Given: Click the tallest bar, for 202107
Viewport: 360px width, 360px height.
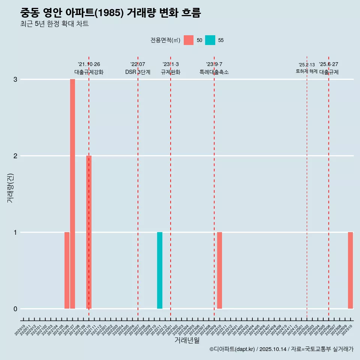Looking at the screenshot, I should pos(72,194).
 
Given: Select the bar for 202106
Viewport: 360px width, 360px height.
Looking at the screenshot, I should pos(67,270).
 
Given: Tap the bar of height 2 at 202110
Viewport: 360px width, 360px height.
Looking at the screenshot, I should pos(89,232).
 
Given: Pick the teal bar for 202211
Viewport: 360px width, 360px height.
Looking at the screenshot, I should pos(160,270).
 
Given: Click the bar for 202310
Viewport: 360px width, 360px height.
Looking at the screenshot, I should pos(220,270).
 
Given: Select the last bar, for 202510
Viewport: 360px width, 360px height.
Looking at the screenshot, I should pos(350,270).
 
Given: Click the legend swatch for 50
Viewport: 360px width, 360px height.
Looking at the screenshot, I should pos(189,40).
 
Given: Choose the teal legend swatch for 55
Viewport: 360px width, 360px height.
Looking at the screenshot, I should pos(210,40).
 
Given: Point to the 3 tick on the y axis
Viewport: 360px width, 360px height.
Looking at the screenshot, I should pos(15,79).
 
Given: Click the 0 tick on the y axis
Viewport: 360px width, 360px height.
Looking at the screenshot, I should pos(15,309).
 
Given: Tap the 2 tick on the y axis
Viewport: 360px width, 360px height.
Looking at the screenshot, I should pos(15,156).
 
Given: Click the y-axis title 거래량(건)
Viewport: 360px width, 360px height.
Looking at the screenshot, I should pos(10,188).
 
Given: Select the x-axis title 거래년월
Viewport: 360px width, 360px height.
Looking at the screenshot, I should pos(187,340).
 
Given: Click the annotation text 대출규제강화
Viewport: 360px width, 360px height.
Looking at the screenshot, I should pos(89,72).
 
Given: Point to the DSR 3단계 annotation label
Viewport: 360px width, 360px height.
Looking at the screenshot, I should pos(138,72).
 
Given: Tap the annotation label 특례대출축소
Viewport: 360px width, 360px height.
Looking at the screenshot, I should pos(214,72).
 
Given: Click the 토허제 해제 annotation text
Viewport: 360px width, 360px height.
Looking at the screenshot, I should pos(307,71).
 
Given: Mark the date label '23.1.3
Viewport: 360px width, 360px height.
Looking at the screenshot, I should pos(171,64).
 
